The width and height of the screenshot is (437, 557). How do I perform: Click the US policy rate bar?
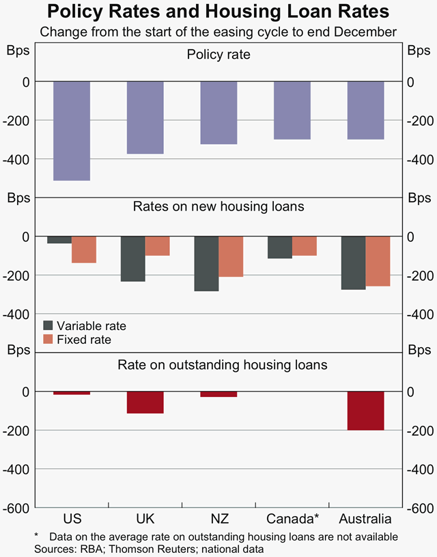click(72, 131)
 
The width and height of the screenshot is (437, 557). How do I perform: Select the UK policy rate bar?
click(145, 118)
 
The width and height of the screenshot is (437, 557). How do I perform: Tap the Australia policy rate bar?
click(366, 110)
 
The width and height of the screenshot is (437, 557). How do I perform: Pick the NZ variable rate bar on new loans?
click(206, 263)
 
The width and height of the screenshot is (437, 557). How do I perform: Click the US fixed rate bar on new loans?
click(84, 249)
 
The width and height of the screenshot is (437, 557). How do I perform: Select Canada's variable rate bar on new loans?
click(280, 247)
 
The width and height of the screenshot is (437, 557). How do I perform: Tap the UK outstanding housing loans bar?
click(145, 403)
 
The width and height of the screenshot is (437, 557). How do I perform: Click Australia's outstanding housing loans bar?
click(366, 411)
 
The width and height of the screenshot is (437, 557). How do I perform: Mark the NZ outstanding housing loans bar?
click(218, 394)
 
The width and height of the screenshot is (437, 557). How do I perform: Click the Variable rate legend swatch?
click(48, 326)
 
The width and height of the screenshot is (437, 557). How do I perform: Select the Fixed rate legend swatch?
click(48, 339)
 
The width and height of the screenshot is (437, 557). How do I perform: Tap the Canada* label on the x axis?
click(293, 518)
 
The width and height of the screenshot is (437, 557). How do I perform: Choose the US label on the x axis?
click(72, 518)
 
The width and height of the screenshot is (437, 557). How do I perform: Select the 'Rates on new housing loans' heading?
click(218, 206)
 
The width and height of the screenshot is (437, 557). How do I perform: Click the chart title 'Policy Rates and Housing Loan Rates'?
click(218, 12)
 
